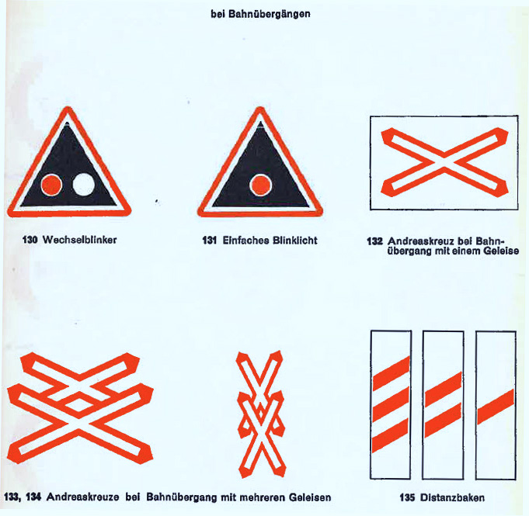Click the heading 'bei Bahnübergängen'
(260, 14)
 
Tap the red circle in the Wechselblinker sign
(51, 185)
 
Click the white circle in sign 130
(84, 185)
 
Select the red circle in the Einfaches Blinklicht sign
(260, 185)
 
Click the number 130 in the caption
(30, 240)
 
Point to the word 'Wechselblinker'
(79, 240)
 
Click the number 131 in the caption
(209, 241)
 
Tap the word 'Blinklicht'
(295, 241)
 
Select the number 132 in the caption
(374, 241)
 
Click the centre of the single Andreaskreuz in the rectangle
(444, 162)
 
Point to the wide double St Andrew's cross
(80, 408)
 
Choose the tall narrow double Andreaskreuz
(261, 414)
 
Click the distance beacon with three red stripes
(391, 405)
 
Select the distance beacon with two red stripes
(443, 405)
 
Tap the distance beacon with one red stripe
(496, 405)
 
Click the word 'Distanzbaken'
(452, 497)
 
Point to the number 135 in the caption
(408, 497)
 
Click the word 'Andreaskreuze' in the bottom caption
(82, 497)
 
